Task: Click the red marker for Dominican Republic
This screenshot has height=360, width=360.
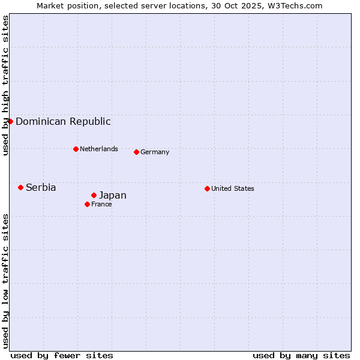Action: [10, 121]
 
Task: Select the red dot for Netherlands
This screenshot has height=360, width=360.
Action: [76, 149]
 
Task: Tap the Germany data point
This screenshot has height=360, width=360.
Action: [136, 152]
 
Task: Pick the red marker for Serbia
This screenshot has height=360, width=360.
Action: [20, 187]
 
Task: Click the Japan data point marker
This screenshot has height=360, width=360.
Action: [94, 195]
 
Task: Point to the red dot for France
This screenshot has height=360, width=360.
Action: [87, 204]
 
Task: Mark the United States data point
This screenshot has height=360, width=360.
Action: [207, 188]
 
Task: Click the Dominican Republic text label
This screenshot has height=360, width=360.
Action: [63, 121]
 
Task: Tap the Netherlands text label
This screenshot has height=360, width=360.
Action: [99, 149]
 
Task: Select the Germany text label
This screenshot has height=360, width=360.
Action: [155, 152]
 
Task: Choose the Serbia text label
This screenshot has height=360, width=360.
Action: [41, 187]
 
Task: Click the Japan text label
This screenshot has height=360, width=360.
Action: [113, 195]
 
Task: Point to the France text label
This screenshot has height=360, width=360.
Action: [101, 204]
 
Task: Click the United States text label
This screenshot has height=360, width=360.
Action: [233, 188]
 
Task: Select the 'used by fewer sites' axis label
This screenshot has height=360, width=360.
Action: [62, 355]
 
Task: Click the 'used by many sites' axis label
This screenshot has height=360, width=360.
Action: [301, 355]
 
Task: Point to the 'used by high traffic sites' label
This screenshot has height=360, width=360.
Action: [5, 85]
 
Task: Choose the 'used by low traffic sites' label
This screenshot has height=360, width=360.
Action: [5, 280]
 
